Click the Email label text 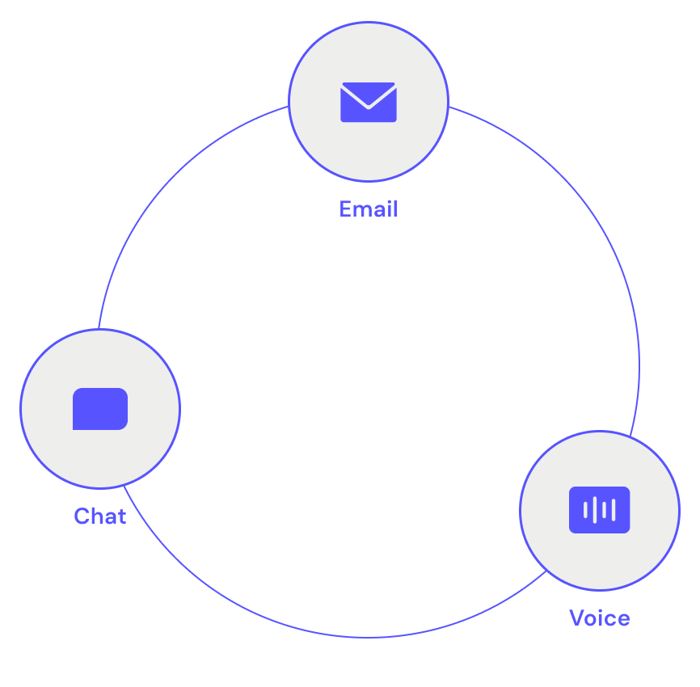point(369,209)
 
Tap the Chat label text point(99,516)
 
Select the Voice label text point(599,618)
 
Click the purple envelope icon point(369,103)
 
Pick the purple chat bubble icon point(100,409)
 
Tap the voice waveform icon point(599,510)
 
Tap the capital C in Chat point(81,516)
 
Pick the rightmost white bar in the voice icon point(614,510)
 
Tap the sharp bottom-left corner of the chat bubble point(75,428)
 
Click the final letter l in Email point(395,209)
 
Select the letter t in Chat point(122,516)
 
